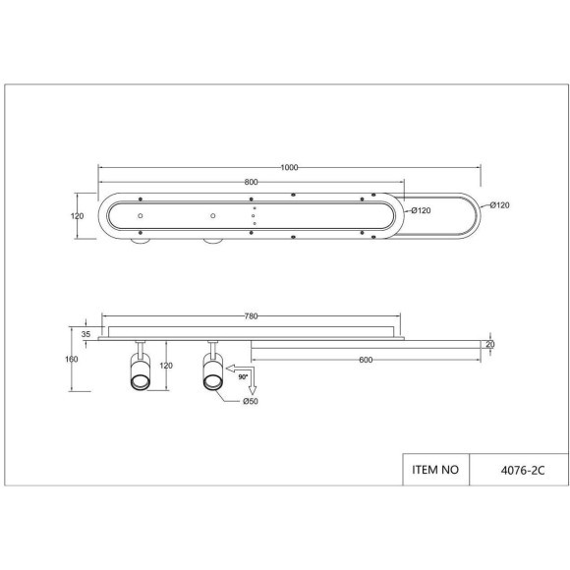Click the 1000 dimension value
pos(289,167)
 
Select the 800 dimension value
pos(251,182)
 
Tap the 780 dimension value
pos(251,315)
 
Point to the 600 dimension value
pos(366,360)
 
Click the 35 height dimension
pos(85,334)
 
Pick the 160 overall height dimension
pos(72,359)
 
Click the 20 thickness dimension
pos(490,344)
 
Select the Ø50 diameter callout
pos(251,401)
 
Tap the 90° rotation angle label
pos(243,377)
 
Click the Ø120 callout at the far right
pos(499,205)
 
